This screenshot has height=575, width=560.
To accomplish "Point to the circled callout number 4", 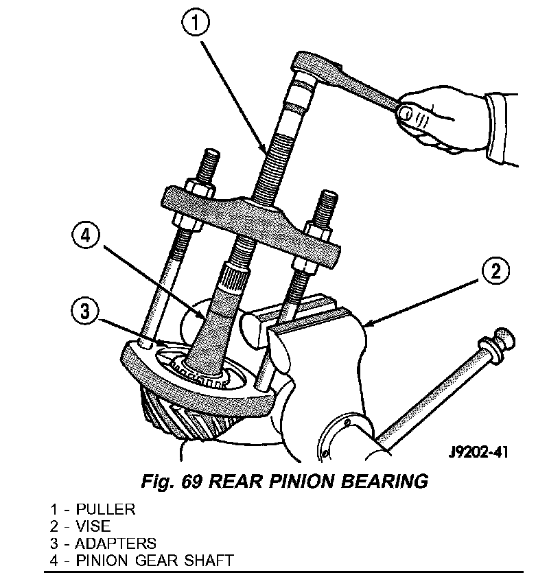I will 84,237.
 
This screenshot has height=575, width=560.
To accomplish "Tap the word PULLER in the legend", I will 106,509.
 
